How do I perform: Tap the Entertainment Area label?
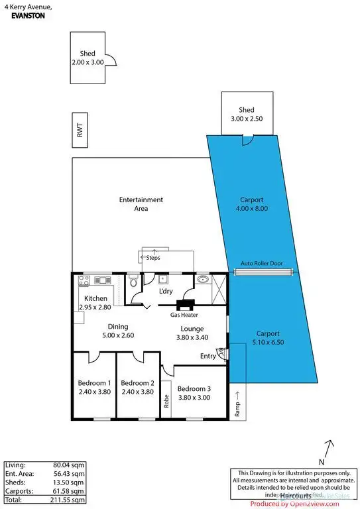pyautogui.click(x=141, y=199)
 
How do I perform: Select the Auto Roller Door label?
pyautogui.click(x=261, y=263)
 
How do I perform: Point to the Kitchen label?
pyautogui.click(x=95, y=298)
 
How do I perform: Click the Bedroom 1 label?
pyautogui.click(x=94, y=383)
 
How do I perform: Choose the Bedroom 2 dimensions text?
pyautogui.click(x=138, y=392)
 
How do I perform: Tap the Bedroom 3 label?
pyautogui.click(x=194, y=388)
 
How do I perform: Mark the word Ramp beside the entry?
pyautogui.click(x=237, y=409)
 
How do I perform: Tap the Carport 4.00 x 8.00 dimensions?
pyautogui.click(x=253, y=208)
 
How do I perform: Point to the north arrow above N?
pyautogui.click(x=330, y=445)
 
